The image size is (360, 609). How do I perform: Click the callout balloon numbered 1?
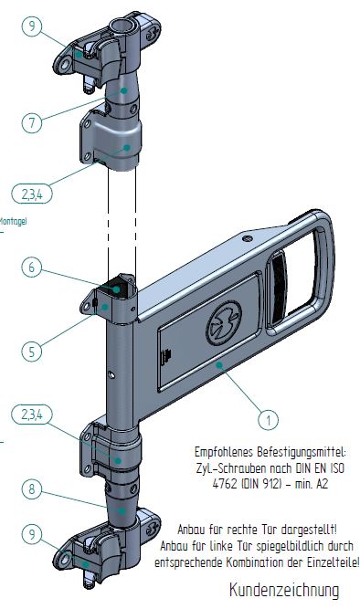[268, 419]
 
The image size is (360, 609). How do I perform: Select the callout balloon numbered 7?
[32, 122]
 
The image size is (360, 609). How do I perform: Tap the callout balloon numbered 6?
[32, 268]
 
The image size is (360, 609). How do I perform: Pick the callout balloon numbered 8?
[32, 489]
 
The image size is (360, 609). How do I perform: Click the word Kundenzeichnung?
[283, 590]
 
